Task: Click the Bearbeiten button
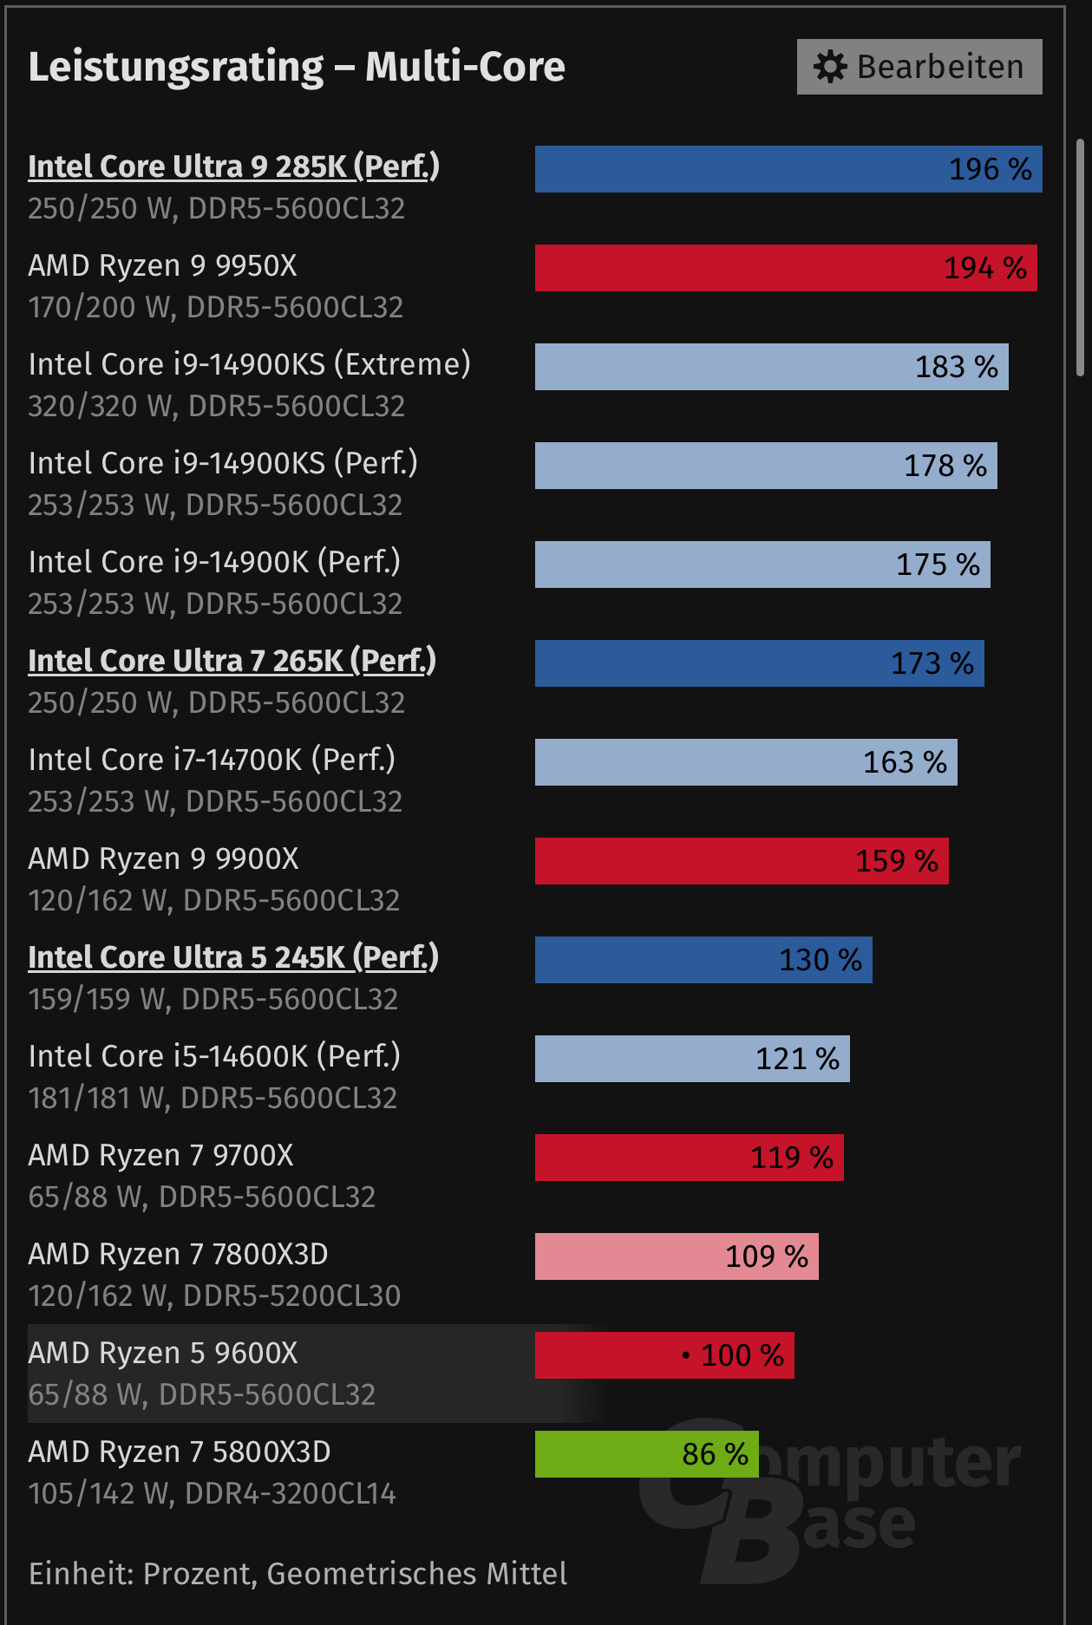click(x=919, y=67)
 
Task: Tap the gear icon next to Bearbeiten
click(x=830, y=67)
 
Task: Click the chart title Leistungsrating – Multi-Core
click(x=297, y=67)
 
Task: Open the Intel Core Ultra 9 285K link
click(x=233, y=166)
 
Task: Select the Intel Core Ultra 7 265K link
click(x=232, y=661)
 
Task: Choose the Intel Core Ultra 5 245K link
click(x=233, y=957)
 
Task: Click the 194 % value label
click(x=984, y=268)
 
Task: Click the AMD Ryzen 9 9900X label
click(x=163, y=858)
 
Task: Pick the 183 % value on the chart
click(x=956, y=367)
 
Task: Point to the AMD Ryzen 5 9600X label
click(x=163, y=1353)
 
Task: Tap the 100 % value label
click(x=742, y=1355)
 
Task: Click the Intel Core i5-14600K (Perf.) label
click(x=214, y=1056)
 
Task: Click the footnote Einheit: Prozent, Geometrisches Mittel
click(x=298, y=1573)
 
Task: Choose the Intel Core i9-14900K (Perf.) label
click(x=214, y=562)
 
